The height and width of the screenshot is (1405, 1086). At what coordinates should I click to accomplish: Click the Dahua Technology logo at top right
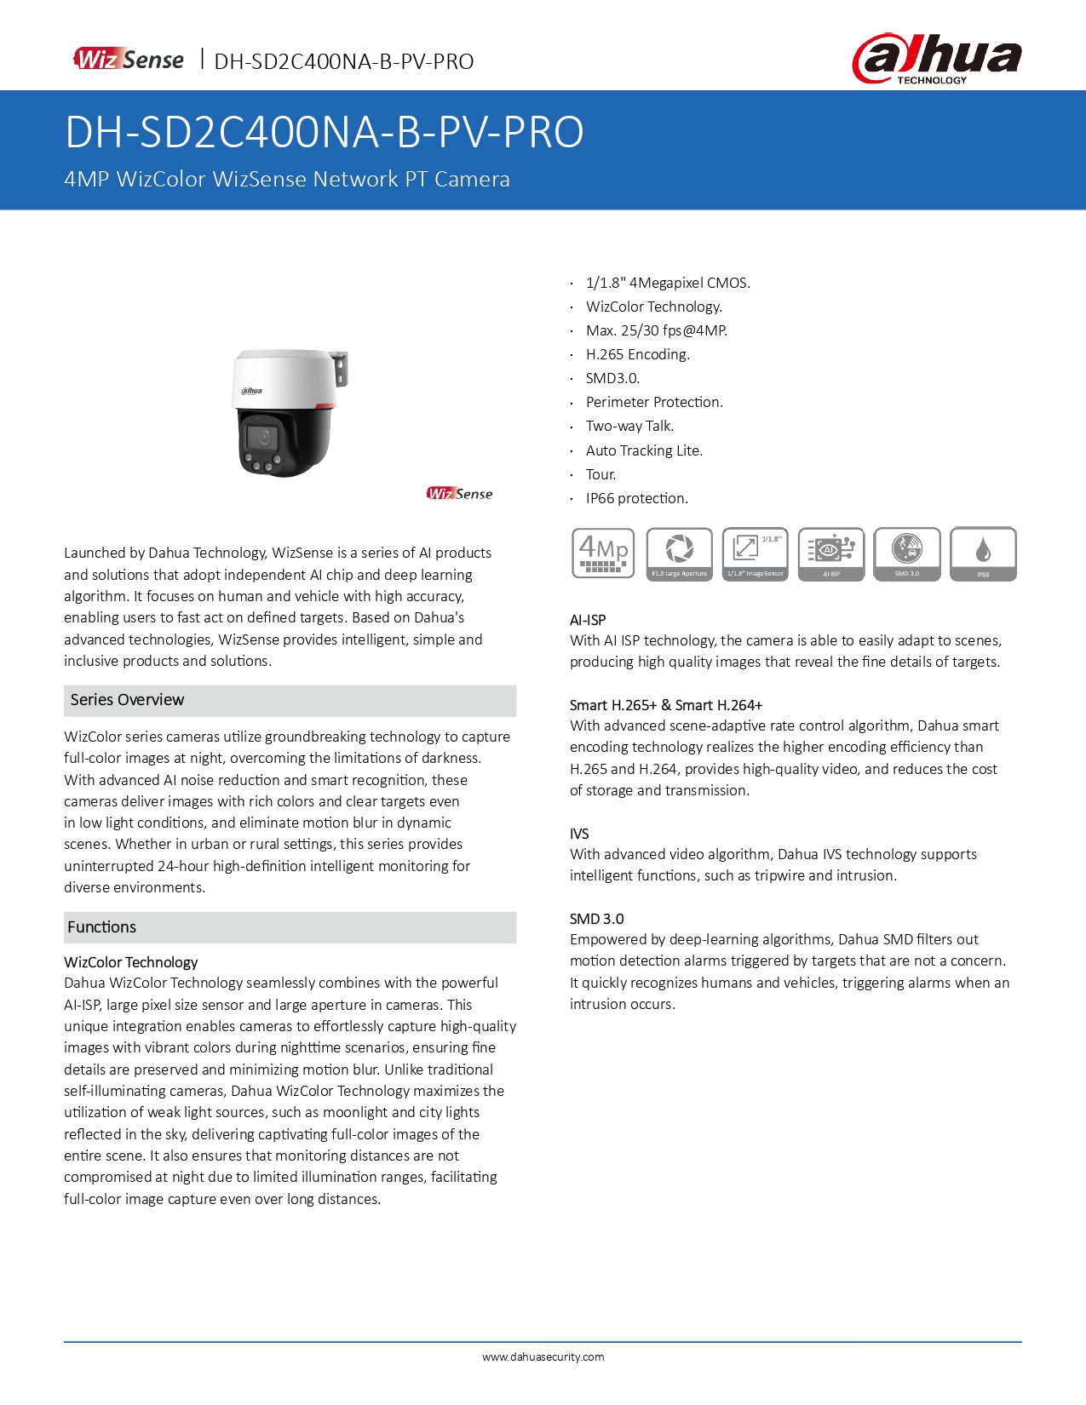pos(937,59)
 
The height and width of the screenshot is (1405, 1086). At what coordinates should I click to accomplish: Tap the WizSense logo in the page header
pos(129,60)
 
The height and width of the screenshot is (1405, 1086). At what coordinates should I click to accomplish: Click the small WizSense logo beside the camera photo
pos(459,494)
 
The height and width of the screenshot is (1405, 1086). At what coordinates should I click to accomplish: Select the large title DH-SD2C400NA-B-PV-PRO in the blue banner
pos(325,132)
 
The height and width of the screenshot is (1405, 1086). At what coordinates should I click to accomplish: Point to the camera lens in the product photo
pos(263,438)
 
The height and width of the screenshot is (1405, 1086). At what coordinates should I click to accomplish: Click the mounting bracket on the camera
pos(341,370)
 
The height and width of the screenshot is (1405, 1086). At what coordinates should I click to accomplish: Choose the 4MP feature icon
pos(603,553)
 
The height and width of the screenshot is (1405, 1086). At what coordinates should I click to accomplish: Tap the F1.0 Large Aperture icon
pos(679,553)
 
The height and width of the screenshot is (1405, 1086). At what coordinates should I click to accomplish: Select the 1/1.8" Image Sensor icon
pos(755,553)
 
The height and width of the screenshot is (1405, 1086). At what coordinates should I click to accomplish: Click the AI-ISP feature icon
pos(831,553)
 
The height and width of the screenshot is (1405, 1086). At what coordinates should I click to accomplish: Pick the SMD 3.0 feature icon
pos(907,553)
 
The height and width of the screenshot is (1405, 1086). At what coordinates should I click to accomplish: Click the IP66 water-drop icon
pos(983,553)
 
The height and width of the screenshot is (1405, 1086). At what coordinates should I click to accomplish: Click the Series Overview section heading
pos(128,700)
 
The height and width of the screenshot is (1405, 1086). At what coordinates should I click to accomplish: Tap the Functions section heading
pos(102,927)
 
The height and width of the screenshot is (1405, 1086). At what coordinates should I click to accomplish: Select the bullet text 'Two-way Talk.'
pos(629,427)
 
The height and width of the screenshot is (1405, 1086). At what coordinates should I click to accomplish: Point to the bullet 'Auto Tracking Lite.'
pos(644,450)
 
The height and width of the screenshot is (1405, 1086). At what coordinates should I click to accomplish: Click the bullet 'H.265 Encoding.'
pos(637,354)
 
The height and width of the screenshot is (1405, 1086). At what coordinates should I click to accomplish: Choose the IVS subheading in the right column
pos(579,834)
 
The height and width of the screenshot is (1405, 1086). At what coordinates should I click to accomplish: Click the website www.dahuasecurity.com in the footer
pos(543,1357)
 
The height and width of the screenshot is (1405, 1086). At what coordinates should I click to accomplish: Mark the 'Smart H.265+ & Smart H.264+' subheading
pos(666,705)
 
